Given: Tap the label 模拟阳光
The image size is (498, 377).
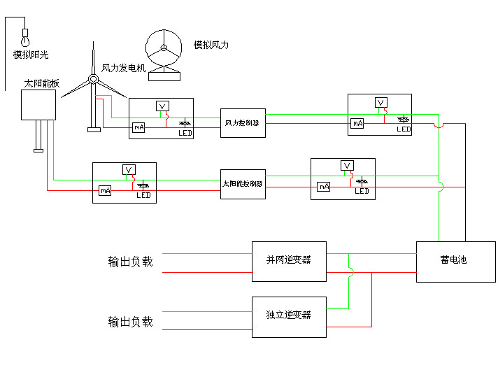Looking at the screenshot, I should tap(31, 55).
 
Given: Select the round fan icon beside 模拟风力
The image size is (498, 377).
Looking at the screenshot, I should tap(164, 48).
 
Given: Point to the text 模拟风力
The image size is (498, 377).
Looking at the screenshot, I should tap(211, 45).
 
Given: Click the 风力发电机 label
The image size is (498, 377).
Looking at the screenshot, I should tap(123, 69).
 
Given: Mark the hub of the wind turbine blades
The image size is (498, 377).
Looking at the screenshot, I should tap(92, 79).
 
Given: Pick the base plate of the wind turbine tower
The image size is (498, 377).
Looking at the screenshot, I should tap(93, 129).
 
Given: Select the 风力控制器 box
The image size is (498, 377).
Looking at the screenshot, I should tap(243, 123).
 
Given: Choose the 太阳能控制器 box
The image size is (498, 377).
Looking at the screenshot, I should tap(243, 184).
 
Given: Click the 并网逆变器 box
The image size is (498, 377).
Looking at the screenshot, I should tap(289, 261).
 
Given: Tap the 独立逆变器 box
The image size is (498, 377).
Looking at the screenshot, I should tap(289, 317).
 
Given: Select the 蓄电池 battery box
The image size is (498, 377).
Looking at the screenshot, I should tap(455, 262).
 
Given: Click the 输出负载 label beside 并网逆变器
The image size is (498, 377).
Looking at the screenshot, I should tap(130, 262).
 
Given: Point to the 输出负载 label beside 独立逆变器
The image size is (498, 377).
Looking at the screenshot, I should tap(130, 322).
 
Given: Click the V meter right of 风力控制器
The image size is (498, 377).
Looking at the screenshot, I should tap(380, 103).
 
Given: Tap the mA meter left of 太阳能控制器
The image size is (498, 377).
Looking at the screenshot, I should tap(105, 190).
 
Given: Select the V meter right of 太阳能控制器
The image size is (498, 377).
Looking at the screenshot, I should tap(346, 166).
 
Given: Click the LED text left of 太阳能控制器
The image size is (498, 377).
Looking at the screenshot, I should tap(143, 196).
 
